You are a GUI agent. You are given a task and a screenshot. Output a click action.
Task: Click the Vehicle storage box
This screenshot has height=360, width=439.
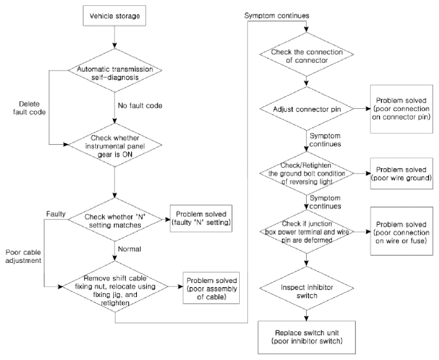click(x=115, y=16)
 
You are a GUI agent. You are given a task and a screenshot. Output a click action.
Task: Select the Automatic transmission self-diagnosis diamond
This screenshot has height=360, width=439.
click(x=115, y=71)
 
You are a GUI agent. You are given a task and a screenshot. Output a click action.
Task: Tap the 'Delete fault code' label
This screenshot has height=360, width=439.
click(x=29, y=108)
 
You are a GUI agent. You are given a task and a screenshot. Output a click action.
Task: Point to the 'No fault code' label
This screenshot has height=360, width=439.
click(x=140, y=106)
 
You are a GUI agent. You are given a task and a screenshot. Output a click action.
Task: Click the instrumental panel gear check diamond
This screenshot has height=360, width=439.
click(x=115, y=145)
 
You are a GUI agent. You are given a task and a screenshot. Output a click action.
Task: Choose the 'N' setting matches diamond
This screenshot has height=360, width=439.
click(x=115, y=219)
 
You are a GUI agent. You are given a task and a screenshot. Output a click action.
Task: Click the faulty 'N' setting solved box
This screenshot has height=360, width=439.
click(x=201, y=218)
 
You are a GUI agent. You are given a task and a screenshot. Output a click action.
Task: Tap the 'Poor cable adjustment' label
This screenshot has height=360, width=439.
click(x=24, y=256)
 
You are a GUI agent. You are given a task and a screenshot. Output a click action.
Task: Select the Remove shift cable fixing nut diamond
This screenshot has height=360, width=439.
click(x=115, y=286)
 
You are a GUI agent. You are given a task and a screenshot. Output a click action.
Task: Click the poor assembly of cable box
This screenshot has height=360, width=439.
click(x=212, y=288)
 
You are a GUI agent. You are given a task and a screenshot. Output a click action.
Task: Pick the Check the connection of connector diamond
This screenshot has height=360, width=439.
click(x=307, y=54)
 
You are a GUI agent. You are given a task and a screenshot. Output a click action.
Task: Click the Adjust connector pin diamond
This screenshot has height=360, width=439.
click(x=307, y=109)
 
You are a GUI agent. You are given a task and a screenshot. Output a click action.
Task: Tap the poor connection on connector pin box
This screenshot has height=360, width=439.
click(x=401, y=109)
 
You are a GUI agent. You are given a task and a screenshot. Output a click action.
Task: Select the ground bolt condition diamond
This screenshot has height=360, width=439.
click(x=307, y=174)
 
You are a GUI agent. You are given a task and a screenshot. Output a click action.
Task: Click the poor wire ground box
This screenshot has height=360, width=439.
click(x=401, y=174)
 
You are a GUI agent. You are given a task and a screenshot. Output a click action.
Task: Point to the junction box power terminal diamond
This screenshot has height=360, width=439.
click(x=307, y=232)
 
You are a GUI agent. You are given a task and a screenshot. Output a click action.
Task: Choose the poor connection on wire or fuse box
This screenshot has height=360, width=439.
click(x=401, y=231)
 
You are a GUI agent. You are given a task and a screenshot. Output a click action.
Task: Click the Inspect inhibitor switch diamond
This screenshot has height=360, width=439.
click(x=307, y=288)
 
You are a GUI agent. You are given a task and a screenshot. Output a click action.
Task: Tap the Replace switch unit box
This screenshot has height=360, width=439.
click(x=307, y=337)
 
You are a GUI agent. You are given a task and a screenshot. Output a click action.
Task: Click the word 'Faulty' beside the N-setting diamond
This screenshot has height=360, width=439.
click(x=56, y=214)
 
